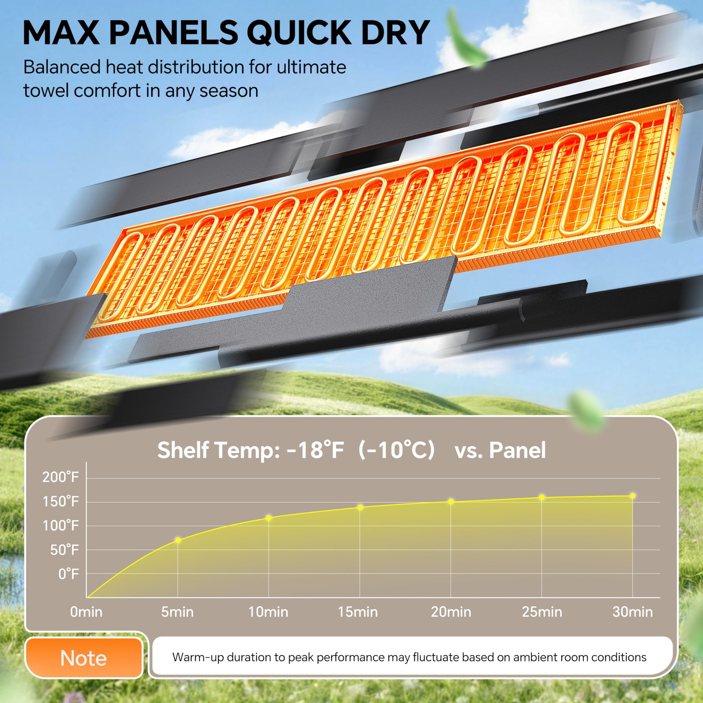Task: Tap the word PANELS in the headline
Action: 173,33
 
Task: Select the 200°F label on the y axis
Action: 60,477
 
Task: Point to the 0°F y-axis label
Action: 68,574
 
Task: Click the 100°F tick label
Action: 61,526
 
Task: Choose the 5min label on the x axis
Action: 177,612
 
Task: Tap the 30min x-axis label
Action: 633,612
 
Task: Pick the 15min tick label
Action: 358,612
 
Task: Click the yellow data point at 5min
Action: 178,540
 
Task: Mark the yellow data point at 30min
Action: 633,496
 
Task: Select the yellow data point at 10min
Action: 268,518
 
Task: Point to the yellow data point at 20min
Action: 451,501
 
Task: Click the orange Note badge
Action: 84,658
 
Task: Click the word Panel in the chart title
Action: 517,450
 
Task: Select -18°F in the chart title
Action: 315,450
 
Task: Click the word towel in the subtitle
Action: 46,90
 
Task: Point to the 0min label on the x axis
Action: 86,612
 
